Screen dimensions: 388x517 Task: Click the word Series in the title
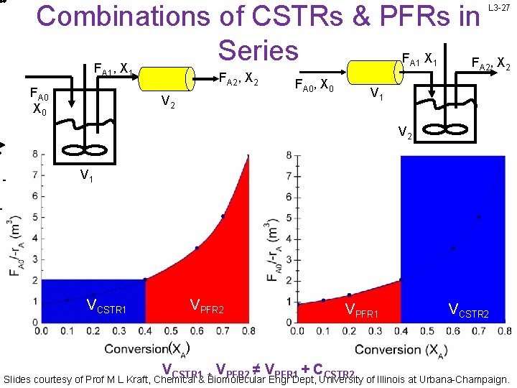(258, 50)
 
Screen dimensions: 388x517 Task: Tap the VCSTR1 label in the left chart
(107, 308)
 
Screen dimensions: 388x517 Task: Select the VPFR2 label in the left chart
(207, 308)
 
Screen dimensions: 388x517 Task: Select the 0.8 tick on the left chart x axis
(248, 332)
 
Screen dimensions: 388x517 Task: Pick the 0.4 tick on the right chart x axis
(401, 332)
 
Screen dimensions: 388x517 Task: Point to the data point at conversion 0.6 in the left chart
(197, 248)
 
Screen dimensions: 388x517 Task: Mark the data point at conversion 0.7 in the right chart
(479, 216)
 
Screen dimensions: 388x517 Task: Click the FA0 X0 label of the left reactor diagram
(40, 103)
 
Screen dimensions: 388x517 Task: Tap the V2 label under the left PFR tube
(168, 103)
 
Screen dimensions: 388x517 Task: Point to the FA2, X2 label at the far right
(490, 63)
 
